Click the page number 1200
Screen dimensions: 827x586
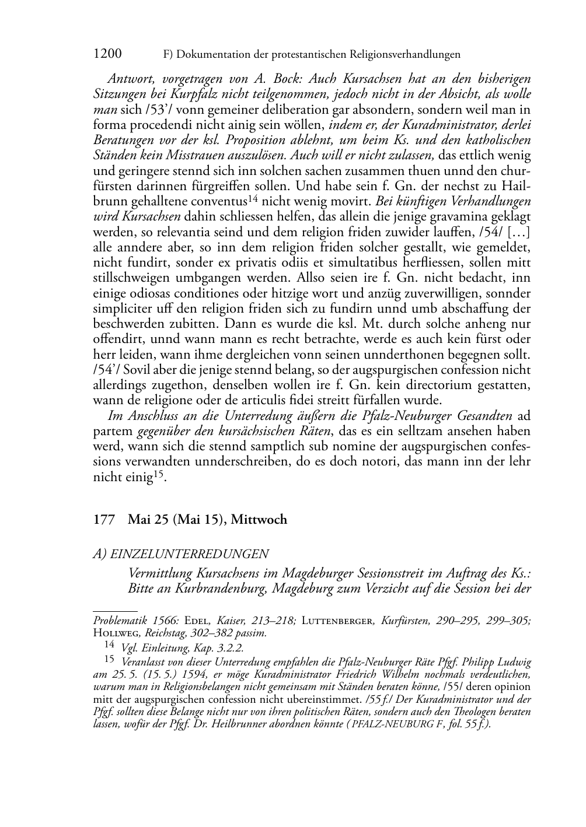click(107, 54)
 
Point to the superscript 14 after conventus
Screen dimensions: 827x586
click(253, 198)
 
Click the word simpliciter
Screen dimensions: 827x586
click(122, 307)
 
